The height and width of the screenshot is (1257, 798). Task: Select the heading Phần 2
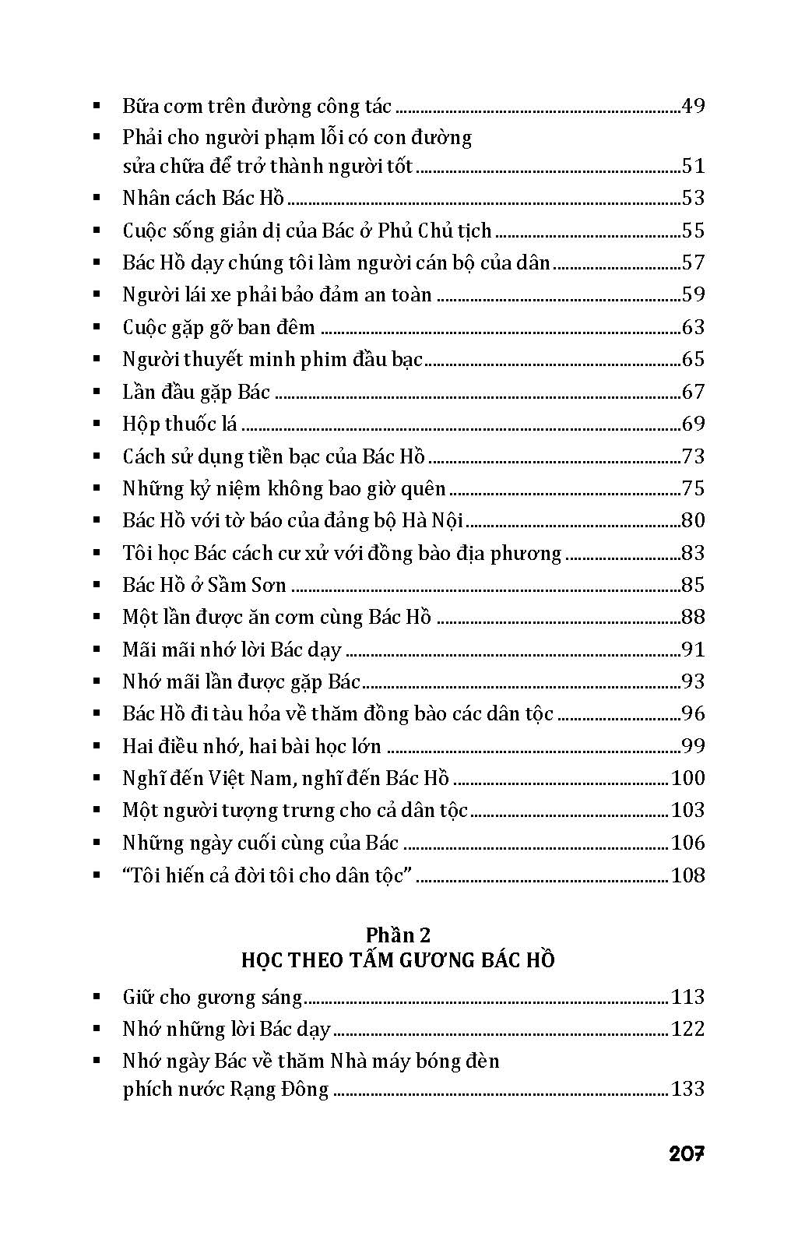pos(398,935)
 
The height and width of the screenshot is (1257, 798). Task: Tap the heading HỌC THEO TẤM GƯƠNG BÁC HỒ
pos(398,959)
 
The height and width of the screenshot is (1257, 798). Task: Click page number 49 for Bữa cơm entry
pos(692,106)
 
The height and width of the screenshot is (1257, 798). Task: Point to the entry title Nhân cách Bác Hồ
pos(203,198)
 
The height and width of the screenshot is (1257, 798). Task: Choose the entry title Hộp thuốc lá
pos(180,424)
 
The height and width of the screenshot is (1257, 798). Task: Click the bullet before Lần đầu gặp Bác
pos(97,392)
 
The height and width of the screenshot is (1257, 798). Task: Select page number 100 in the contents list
pos(687,778)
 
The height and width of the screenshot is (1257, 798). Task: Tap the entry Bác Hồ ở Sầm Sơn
pos(204,585)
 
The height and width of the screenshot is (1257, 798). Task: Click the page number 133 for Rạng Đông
pos(687,1089)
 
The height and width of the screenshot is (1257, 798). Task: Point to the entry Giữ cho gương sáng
pos(212,998)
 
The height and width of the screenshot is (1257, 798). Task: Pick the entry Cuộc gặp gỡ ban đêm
pos(219,327)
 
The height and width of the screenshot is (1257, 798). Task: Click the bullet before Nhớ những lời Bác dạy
pos(97,1030)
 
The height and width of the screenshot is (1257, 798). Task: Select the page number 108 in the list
pos(687,875)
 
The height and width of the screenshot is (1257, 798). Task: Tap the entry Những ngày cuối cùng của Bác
pos(260,843)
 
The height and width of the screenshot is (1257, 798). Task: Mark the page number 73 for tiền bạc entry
pos(692,456)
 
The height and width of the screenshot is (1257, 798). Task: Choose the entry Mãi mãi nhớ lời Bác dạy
pos(232,650)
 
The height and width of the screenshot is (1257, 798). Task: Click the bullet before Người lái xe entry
pos(97,294)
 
